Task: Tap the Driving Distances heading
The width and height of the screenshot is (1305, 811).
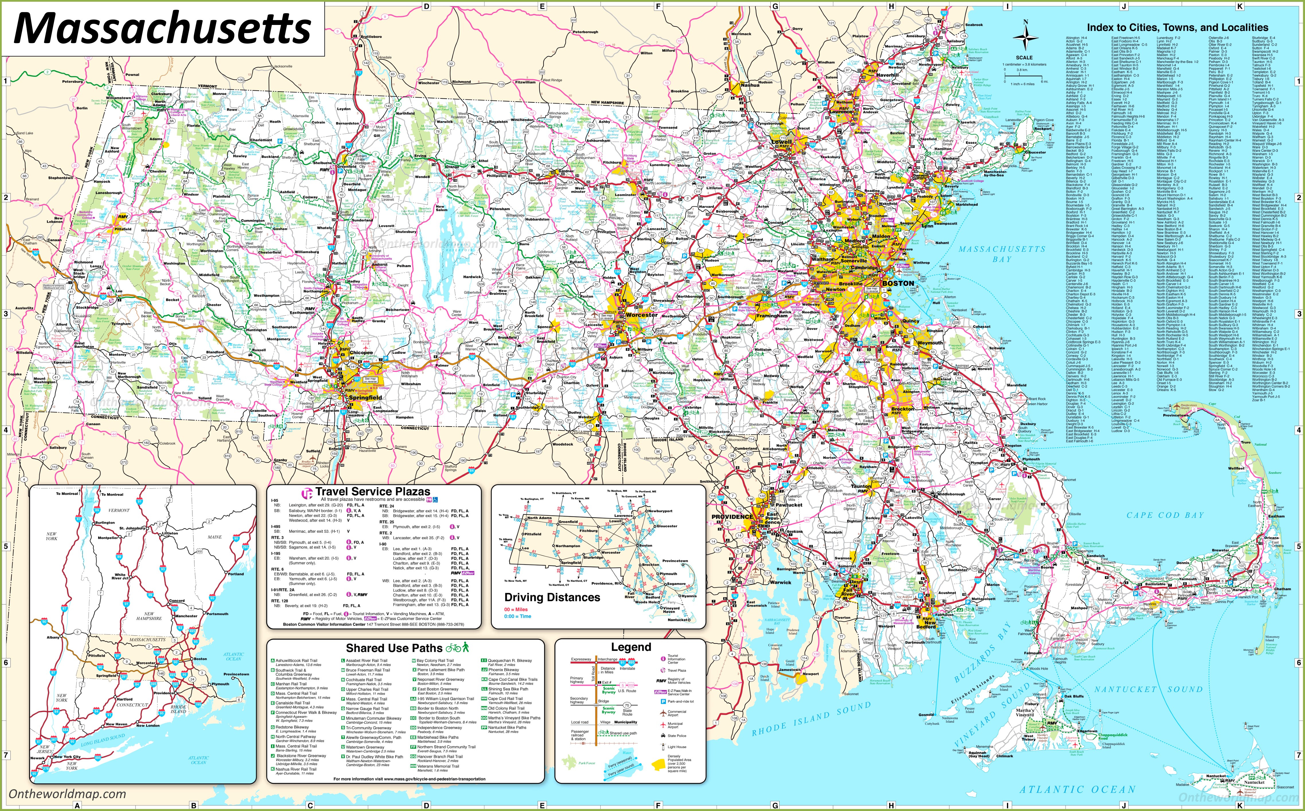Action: point(552,597)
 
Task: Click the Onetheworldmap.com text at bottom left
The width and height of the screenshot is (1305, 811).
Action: point(67,794)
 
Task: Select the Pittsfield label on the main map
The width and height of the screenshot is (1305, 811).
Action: point(123,229)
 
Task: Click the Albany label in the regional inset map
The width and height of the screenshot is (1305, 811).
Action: point(53,637)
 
